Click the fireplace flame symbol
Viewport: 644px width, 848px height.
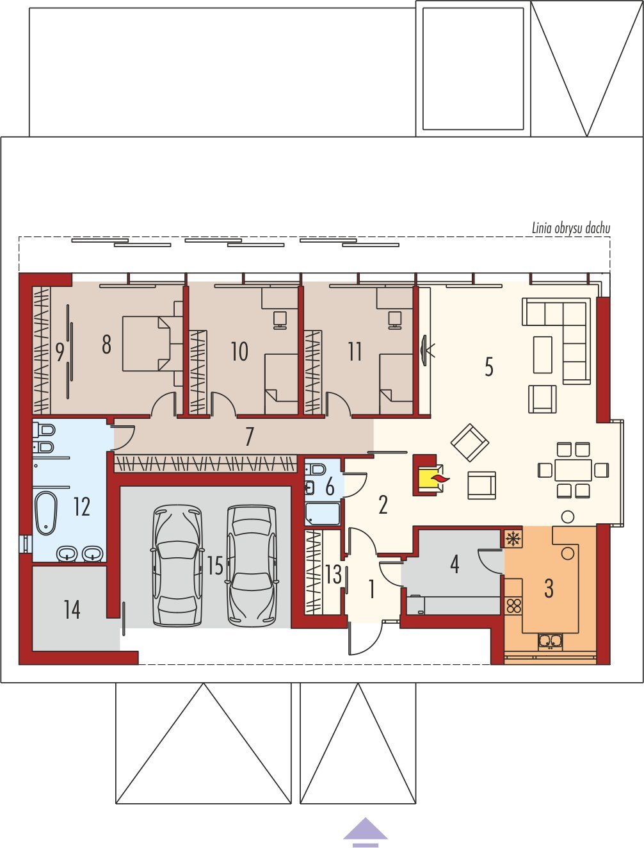[441, 480]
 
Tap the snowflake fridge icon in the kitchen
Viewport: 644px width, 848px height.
[513, 539]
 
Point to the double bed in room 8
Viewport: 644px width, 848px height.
[147, 344]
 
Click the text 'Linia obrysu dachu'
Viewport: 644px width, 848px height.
[571, 229]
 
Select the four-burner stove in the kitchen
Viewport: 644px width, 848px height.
[513, 607]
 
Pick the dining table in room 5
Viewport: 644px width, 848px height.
[573, 469]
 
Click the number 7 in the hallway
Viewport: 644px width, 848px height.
[250, 437]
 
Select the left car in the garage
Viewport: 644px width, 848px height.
[177, 565]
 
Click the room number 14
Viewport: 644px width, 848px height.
[72, 610]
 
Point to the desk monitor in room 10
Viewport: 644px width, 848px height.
[280, 320]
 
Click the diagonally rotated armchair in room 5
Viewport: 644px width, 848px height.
[470, 443]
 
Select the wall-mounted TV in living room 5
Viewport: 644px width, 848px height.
[424, 350]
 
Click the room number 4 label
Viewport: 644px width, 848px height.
[455, 564]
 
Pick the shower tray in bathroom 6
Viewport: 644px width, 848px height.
[323, 514]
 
